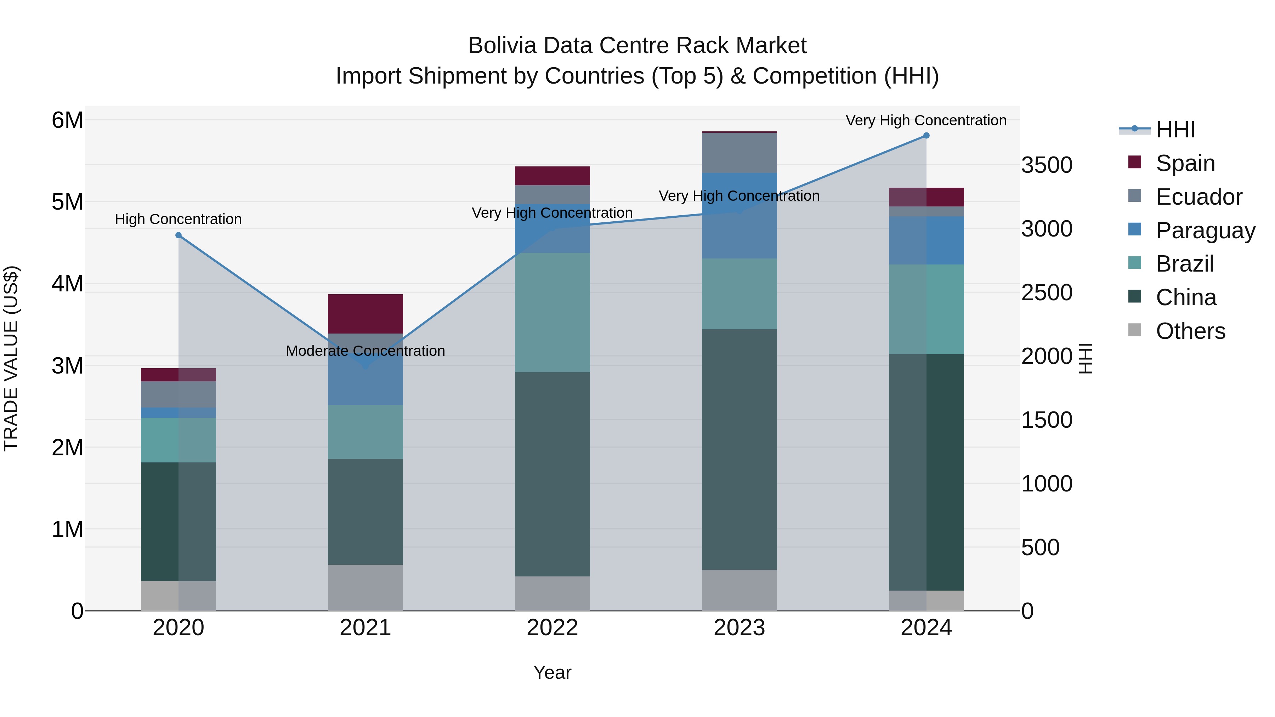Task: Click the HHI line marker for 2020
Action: click(179, 235)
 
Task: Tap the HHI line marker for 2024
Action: click(926, 136)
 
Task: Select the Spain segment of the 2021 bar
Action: click(365, 314)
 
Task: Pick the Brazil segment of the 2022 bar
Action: click(552, 312)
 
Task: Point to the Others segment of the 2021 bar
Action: click(365, 587)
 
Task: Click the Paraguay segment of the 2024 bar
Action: click(926, 240)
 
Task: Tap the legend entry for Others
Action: click(1190, 331)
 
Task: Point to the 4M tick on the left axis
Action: click(67, 284)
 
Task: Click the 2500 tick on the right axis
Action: click(1046, 292)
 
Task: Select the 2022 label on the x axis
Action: click(552, 628)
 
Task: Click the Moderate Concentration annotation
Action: click(365, 351)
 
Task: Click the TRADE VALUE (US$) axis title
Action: click(11, 358)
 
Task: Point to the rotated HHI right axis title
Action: click(1086, 358)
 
